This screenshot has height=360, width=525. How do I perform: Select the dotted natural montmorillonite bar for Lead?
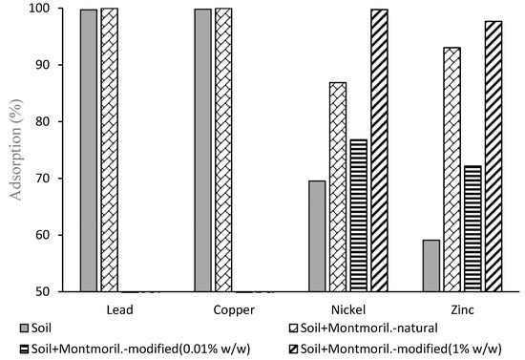(109, 149)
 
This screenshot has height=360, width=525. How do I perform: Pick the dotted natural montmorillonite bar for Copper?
(223, 149)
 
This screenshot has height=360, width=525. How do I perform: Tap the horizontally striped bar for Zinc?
(472, 228)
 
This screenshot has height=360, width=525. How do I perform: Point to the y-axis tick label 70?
(59, 179)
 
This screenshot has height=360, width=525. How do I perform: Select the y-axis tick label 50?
(59, 291)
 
